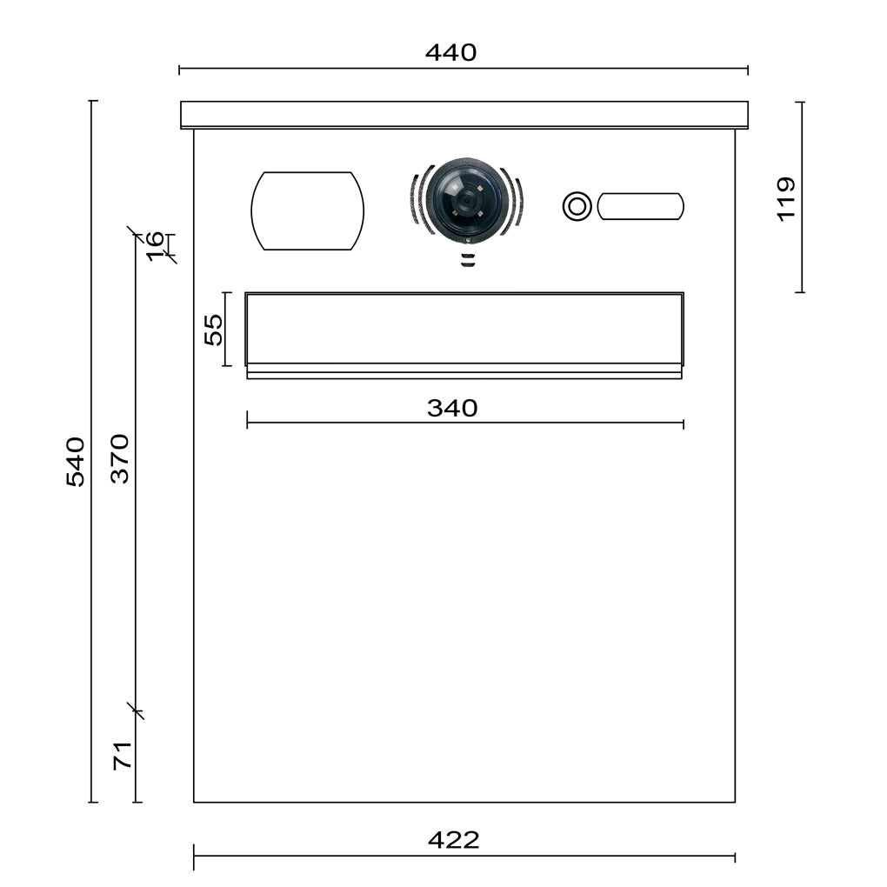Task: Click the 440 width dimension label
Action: coord(450,52)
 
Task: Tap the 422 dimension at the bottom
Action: coord(454,840)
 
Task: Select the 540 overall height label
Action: coord(76,462)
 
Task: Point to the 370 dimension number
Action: coord(120,459)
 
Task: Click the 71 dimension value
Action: coord(123,755)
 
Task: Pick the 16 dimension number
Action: coord(155,246)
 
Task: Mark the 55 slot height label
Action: coord(214,330)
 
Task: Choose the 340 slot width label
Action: coord(452,408)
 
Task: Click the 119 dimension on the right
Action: coord(786,199)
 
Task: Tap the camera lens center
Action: coord(467,200)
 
